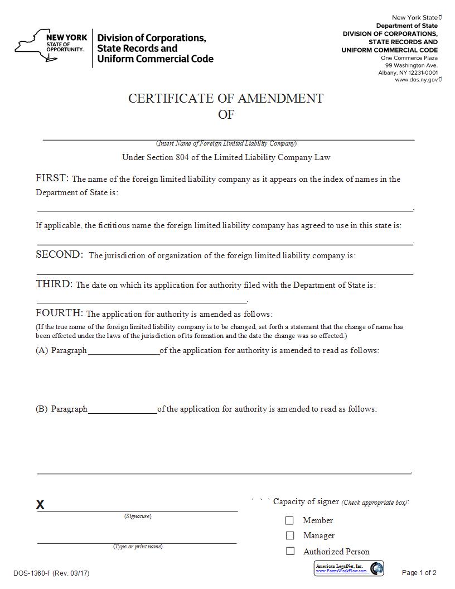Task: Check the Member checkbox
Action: pyautogui.click(x=289, y=520)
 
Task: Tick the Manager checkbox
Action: pyautogui.click(x=289, y=535)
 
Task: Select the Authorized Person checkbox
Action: pyautogui.click(x=289, y=551)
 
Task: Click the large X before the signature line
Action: pyautogui.click(x=40, y=505)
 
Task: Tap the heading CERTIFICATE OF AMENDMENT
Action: pyautogui.click(x=226, y=98)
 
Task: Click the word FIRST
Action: pyautogui.click(x=52, y=178)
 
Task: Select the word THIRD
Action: pyautogui.click(x=54, y=284)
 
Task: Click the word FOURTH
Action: pyautogui.click(x=59, y=313)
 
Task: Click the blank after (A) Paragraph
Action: pyautogui.click(x=123, y=351)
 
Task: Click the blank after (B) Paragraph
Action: pyautogui.click(x=122, y=410)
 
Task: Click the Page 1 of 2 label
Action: pyautogui.click(x=419, y=573)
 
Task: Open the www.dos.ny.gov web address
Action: pyautogui.click(x=416, y=80)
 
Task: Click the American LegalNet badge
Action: pyautogui.click(x=349, y=568)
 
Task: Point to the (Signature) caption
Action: pyautogui.click(x=137, y=516)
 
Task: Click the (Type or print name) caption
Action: pyautogui.click(x=138, y=547)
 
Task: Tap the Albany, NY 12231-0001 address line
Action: pyautogui.click(x=408, y=73)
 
